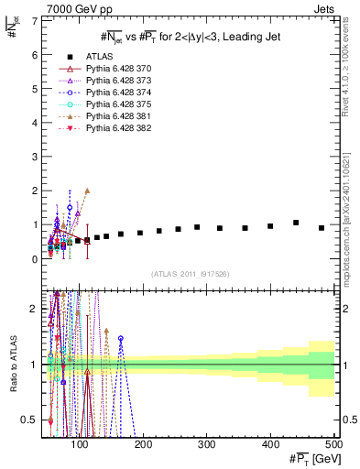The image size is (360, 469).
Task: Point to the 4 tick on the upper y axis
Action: [x=35, y=123]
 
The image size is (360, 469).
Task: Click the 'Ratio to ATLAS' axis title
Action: [x=11, y=365]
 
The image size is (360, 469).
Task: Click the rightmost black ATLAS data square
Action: [x=322, y=228]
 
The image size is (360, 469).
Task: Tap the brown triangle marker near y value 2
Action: [x=87, y=191]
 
